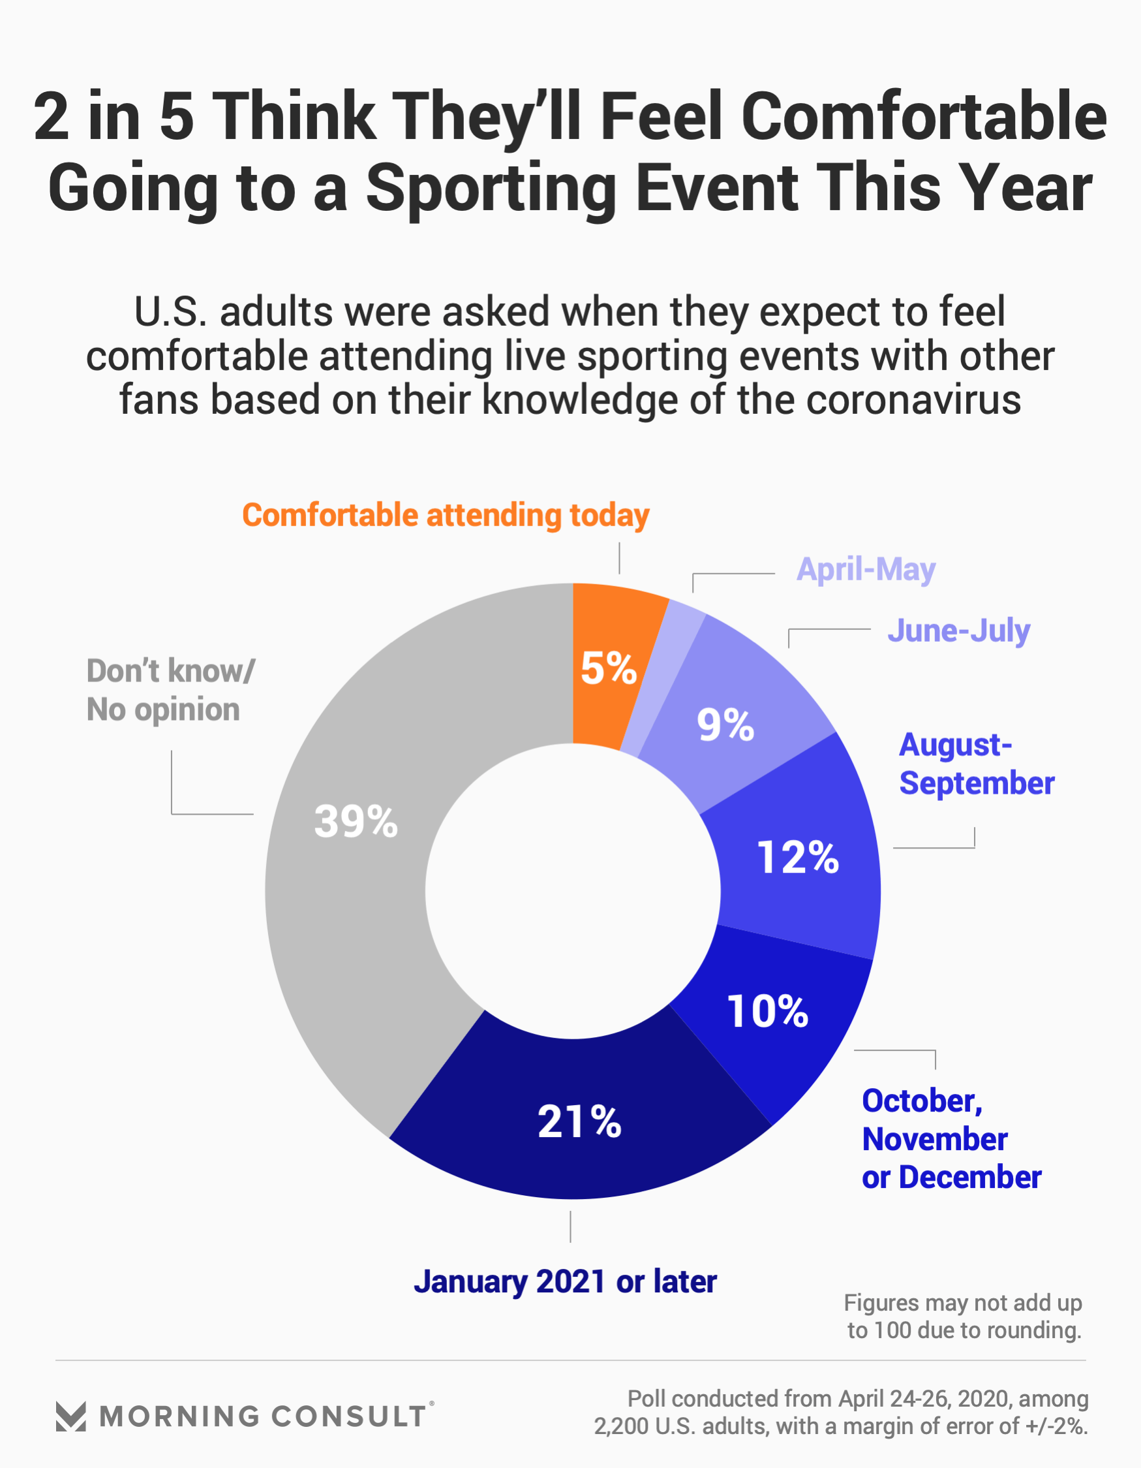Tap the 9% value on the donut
click(725, 725)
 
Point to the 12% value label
click(798, 858)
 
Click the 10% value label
click(767, 1012)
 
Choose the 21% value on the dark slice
click(579, 1122)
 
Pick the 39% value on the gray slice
click(356, 821)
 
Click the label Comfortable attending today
click(446, 516)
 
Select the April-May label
click(866, 570)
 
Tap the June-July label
click(958, 631)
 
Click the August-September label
click(976, 764)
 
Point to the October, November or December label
click(951, 1139)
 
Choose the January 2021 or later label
click(565, 1282)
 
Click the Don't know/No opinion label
click(171, 691)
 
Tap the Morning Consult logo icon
click(70, 1416)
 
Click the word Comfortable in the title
click(923, 116)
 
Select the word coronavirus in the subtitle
click(913, 401)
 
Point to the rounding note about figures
click(963, 1317)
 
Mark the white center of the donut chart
click(573, 891)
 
